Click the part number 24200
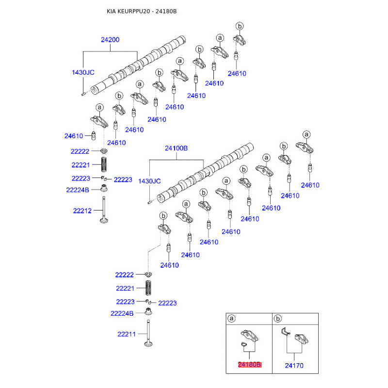click(110, 40)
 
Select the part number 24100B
click(176, 148)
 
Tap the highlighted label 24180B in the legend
click(249, 365)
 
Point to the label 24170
click(294, 366)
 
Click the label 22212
click(82, 211)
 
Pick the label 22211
click(127, 334)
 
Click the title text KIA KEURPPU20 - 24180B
click(142, 11)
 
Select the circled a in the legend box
click(231, 319)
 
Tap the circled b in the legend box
click(277, 319)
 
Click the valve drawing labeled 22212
click(104, 210)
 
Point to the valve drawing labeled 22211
click(148, 333)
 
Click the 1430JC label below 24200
click(83, 72)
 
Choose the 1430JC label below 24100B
click(149, 181)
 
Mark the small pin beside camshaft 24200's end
click(83, 94)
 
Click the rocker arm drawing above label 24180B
click(249, 335)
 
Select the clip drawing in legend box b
click(286, 332)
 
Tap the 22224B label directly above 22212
click(78, 190)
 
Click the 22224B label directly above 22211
click(122, 313)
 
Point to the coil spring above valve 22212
click(104, 164)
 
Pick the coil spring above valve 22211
click(148, 288)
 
